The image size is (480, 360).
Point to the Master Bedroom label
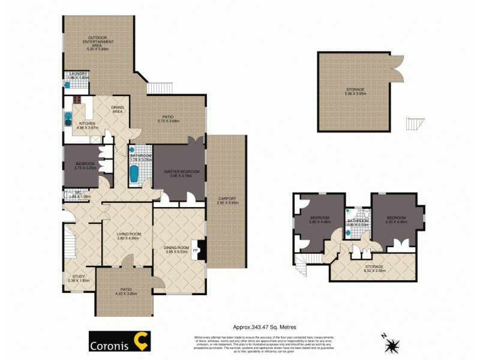pyautogui.click(x=181, y=173)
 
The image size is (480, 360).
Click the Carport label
pyautogui.click(x=227, y=200)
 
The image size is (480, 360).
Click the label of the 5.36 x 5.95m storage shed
pyautogui.click(x=355, y=91)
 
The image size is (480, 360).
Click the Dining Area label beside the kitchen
pyautogui.click(x=118, y=110)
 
